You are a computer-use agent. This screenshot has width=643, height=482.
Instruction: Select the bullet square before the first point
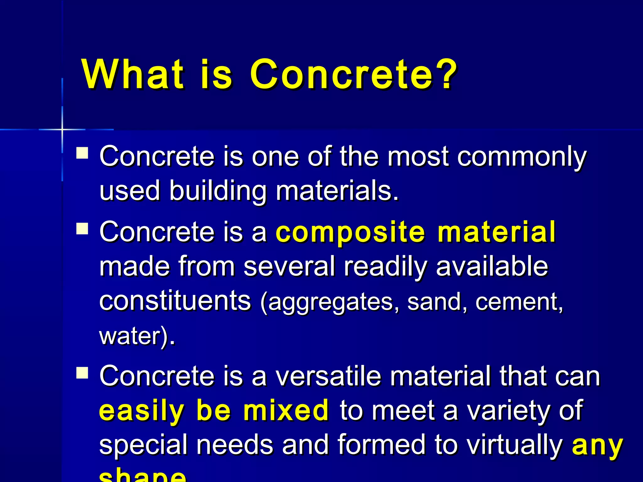[x=82, y=153]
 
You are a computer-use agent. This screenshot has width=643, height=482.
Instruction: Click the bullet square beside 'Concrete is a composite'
[x=82, y=228]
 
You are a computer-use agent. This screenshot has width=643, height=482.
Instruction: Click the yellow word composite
[x=350, y=233]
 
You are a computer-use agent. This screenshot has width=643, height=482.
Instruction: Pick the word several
[x=289, y=267]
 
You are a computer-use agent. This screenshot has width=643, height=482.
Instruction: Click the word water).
[x=137, y=336]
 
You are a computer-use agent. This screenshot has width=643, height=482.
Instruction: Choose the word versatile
[x=328, y=377]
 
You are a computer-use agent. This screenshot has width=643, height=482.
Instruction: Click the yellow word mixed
[x=286, y=411]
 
